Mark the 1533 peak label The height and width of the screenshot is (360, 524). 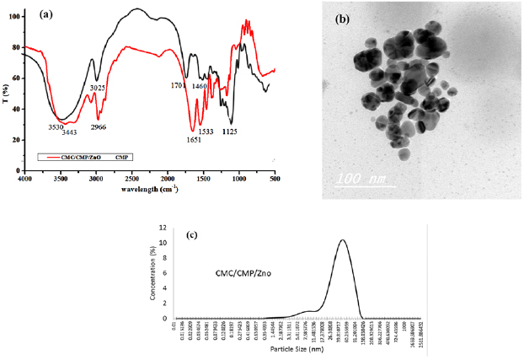[206, 131]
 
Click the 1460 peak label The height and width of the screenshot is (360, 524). [199, 86]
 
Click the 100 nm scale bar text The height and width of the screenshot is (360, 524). [361, 179]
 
